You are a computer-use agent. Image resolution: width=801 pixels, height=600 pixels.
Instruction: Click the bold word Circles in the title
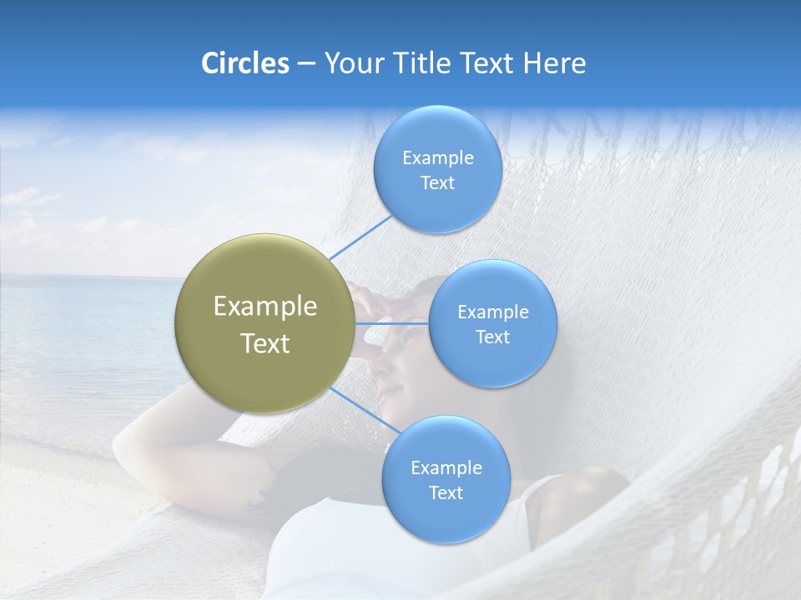[x=245, y=63]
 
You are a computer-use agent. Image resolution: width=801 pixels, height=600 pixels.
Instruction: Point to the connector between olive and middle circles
[x=392, y=322]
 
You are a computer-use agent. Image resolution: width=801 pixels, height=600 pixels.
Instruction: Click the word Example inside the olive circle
[x=265, y=307]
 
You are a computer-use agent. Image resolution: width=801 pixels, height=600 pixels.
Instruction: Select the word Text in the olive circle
[x=265, y=343]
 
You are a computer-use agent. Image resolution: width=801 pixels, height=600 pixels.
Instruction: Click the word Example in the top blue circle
[x=437, y=158]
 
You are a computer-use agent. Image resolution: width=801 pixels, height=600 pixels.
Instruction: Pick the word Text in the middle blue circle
[x=492, y=337]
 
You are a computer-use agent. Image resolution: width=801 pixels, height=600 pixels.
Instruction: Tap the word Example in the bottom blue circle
[x=446, y=467]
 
